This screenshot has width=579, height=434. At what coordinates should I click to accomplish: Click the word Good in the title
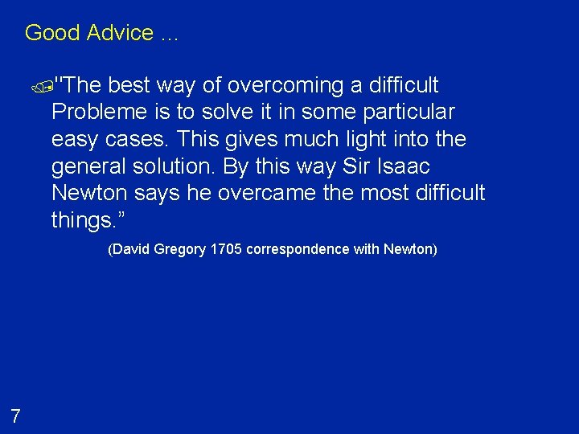pyautogui.click(x=52, y=33)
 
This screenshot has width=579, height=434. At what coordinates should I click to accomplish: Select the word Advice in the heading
pyautogui.click(x=120, y=33)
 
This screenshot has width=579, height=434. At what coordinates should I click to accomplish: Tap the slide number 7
pyautogui.click(x=15, y=416)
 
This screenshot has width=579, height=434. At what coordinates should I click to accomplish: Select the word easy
pyautogui.click(x=75, y=139)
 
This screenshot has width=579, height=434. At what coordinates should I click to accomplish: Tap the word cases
pyautogui.click(x=138, y=139)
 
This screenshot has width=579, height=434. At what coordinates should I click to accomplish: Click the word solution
pyautogui.click(x=182, y=166)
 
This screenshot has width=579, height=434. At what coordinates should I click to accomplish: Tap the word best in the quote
pyautogui.click(x=132, y=85)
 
